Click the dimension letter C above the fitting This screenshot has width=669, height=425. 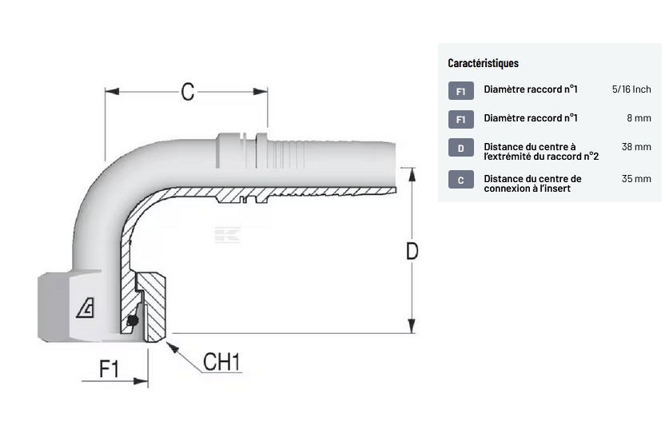188,92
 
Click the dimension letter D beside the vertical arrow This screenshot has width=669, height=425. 412,252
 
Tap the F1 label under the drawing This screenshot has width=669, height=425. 109,368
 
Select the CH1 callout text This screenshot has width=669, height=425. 221,362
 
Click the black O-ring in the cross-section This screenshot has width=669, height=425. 132,321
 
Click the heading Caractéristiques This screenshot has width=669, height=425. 483,63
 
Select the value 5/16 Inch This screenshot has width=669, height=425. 631,89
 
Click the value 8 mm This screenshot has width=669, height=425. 639,118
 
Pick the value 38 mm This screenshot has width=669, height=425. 636,147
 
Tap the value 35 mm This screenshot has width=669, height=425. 636,178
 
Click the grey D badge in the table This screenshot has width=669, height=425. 460,149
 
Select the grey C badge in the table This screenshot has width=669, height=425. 460,181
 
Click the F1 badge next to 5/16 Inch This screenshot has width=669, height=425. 460,91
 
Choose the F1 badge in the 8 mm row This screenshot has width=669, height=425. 460,120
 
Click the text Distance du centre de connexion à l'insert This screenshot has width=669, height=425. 532,184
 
